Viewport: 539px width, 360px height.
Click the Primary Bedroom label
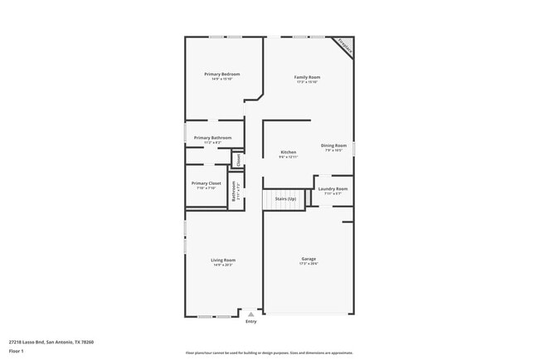(x=222, y=75)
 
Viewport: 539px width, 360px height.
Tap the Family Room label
(x=307, y=77)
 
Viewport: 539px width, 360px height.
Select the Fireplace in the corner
(x=344, y=47)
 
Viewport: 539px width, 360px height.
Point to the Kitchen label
(x=289, y=152)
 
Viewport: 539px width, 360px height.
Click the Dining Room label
(x=333, y=146)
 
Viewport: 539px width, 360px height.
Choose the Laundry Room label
(x=333, y=189)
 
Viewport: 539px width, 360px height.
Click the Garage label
(x=308, y=259)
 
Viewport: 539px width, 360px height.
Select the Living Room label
(x=223, y=260)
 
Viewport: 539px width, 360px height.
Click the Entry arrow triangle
(x=250, y=314)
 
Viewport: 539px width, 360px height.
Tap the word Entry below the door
(x=250, y=322)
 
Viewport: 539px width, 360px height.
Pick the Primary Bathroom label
(x=212, y=138)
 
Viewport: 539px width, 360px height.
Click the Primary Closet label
(x=206, y=182)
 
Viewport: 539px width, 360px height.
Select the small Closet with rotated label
(x=237, y=159)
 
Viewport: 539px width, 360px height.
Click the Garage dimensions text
(x=308, y=265)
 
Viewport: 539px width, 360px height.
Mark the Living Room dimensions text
(x=223, y=265)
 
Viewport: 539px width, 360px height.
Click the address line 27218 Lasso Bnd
(x=51, y=342)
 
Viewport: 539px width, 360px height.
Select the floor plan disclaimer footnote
(x=269, y=353)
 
